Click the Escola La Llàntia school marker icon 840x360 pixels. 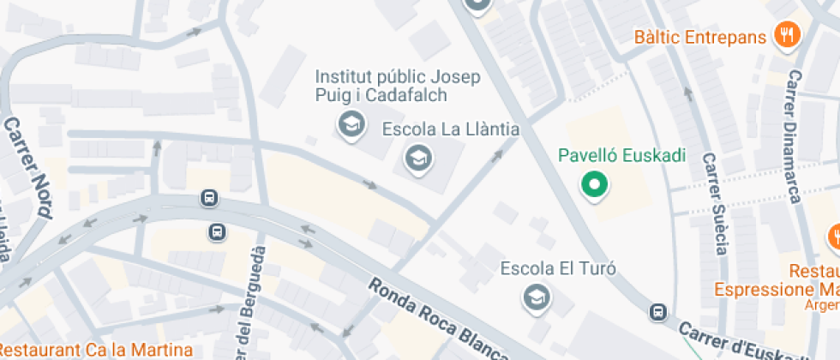coord(418,158)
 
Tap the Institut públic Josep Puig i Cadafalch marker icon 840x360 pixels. coord(350,125)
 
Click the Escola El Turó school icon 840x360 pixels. coord(537,297)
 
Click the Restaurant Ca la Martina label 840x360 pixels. coord(97,350)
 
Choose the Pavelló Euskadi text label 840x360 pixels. coord(622,156)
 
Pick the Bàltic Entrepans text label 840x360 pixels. coord(699,38)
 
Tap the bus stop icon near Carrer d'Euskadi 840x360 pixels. coord(658,312)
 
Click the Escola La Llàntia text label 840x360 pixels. coord(451,129)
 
